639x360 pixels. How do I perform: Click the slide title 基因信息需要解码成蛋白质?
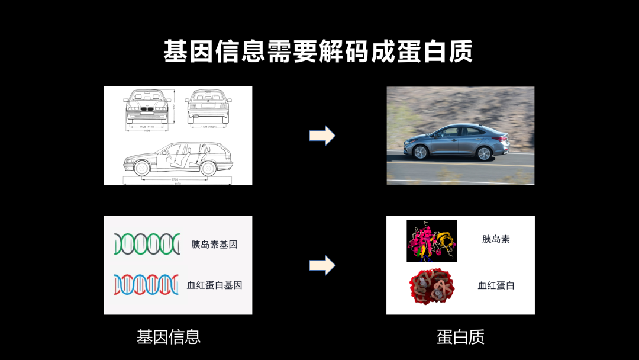[x=318, y=52]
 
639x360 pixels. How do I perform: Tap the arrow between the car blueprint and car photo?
[x=322, y=136]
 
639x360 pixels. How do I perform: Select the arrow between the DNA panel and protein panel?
[x=322, y=265]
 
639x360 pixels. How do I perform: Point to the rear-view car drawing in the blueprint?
[x=208, y=105]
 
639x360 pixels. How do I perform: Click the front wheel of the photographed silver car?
[x=420, y=152]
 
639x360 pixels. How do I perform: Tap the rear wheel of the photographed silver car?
[x=484, y=153]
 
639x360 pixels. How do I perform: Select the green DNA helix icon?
[x=147, y=244]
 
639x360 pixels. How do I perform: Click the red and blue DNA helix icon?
[x=146, y=285]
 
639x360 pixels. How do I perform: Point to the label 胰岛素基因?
[x=214, y=244]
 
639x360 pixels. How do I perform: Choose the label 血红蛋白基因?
[x=214, y=285]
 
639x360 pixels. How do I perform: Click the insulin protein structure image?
[x=431, y=240]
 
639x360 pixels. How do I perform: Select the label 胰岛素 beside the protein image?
[x=496, y=239]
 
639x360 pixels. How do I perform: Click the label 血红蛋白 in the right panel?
[x=496, y=285]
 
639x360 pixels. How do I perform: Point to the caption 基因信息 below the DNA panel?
[x=169, y=337]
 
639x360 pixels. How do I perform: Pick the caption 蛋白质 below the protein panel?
[x=460, y=337]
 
